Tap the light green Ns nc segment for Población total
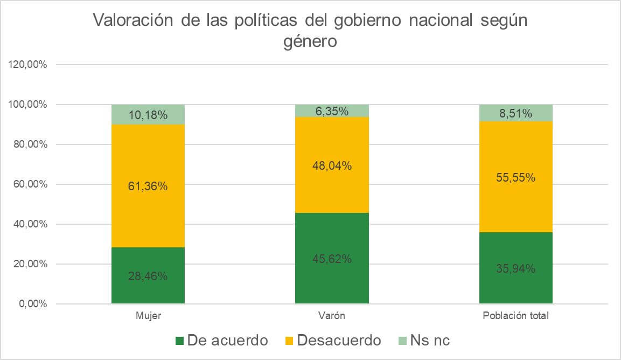point(516,113)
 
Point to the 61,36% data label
point(148,186)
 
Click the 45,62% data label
point(332,259)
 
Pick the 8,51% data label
point(516,113)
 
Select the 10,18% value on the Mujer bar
point(148,115)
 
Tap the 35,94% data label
point(516,268)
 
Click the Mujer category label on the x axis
point(148,316)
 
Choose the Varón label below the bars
point(332,316)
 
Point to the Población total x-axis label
point(516,316)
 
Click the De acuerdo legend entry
point(221,341)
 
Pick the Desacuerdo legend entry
point(332,341)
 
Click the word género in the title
point(310,41)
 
